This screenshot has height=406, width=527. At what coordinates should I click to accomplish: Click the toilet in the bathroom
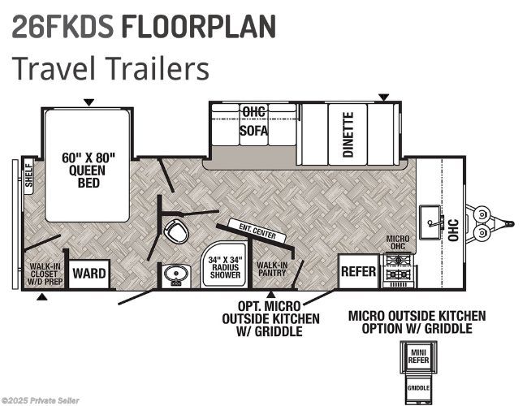pyautogui.click(x=175, y=231)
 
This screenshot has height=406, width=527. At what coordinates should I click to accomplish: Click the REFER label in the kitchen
pyautogui.click(x=358, y=271)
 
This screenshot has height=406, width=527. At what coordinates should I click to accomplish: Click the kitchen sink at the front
pyautogui.click(x=430, y=222)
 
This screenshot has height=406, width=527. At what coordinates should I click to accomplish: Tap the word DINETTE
pyautogui.click(x=348, y=135)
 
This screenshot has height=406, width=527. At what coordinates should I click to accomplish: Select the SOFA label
pyautogui.click(x=253, y=131)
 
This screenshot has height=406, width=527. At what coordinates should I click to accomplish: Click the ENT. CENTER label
pyautogui.click(x=257, y=231)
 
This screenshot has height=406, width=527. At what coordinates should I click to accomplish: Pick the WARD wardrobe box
pyautogui.click(x=89, y=274)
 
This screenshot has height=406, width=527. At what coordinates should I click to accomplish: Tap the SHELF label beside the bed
pyautogui.click(x=29, y=175)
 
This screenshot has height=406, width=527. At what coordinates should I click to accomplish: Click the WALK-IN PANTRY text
pyautogui.click(x=272, y=269)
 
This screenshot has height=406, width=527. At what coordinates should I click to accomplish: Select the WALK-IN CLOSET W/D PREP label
pyautogui.click(x=45, y=274)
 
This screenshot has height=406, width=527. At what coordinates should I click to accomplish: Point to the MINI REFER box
pyautogui.click(x=418, y=356)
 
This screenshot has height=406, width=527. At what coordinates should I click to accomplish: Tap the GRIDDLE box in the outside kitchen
pyautogui.click(x=418, y=388)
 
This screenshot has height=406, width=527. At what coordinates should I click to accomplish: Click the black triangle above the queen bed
pyautogui.click(x=89, y=102)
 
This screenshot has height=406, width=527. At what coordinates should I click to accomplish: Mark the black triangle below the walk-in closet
pyautogui.click(x=41, y=296)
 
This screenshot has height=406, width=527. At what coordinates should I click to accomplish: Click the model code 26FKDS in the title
pyautogui.click(x=63, y=26)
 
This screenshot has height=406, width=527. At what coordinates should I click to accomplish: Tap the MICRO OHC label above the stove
pyautogui.click(x=398, y=242)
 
